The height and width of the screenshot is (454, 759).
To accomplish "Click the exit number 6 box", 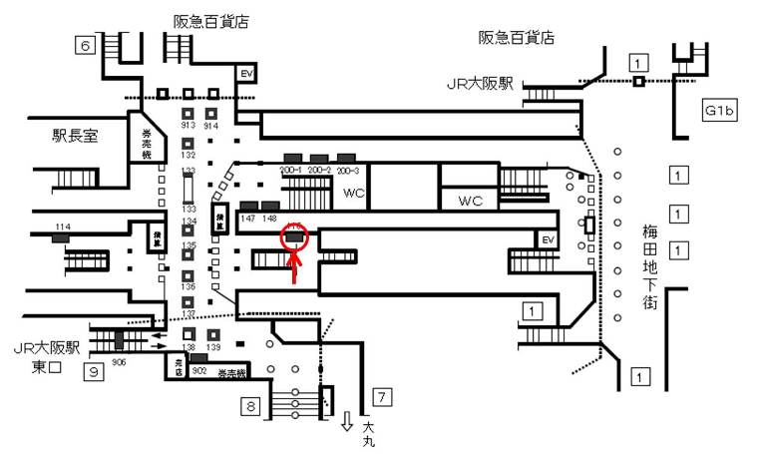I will pyautogui.click(x=86, y=45).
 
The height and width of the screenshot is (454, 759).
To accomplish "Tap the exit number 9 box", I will pyautogui.click(x=93, y=372).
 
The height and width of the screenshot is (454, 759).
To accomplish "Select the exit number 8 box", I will pyautogui.click(x=250, y=405).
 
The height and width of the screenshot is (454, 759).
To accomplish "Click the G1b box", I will pyautogui.click(x=718, y=110).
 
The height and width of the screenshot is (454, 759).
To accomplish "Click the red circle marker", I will pyautogui.click(x=296, y=237).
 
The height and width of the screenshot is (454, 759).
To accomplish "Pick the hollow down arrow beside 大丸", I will pyautogui.click(x=345, y=421).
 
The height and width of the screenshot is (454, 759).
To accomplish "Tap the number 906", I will pyautogui.click(x=119, y=361).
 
